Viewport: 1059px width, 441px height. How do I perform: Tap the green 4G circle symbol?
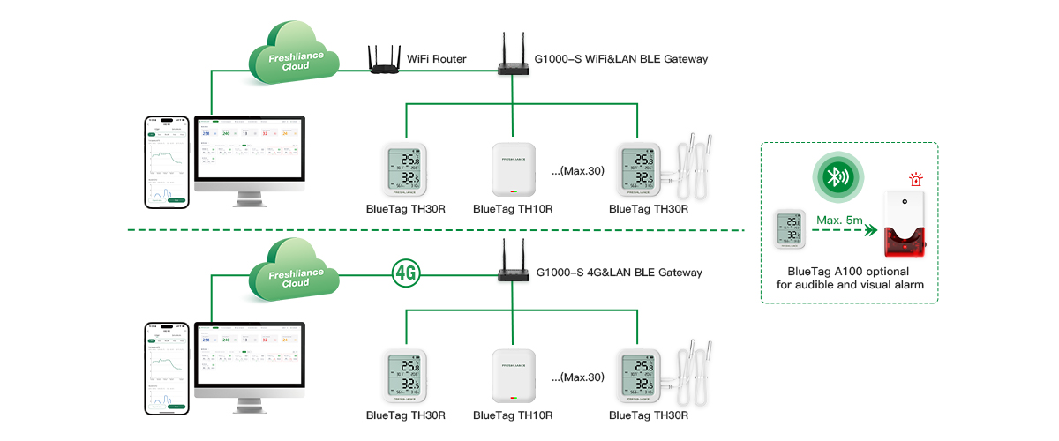[405, 273]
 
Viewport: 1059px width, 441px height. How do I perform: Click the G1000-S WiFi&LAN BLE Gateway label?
[620, 59]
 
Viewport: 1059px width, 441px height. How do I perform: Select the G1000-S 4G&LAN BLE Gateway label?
[619, 273]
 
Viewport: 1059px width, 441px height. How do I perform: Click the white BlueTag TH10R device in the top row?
[513, 169]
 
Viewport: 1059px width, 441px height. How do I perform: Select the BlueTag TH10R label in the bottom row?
[513, 415]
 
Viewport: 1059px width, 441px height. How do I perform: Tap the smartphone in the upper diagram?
[168, 161]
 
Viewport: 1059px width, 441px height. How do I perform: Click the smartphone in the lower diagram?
[168, 368]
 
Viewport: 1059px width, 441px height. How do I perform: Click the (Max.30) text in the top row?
[577, 170]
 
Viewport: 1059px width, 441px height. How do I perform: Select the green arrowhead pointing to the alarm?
[869, 232]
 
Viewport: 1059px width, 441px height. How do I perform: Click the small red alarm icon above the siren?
[915, 180]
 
